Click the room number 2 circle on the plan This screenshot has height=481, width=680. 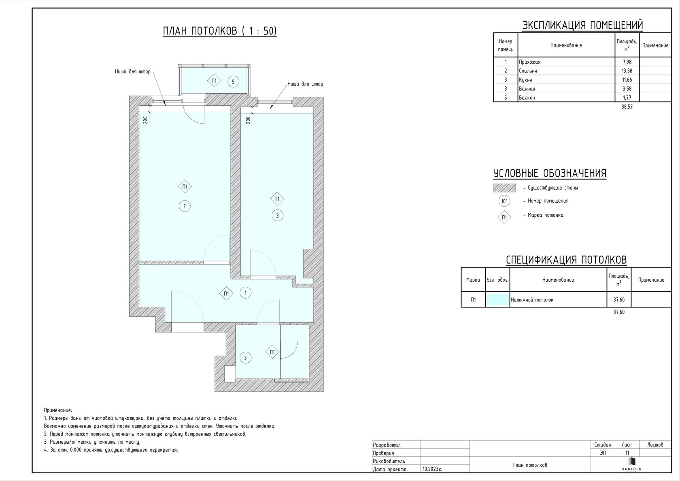[x=185, y=206]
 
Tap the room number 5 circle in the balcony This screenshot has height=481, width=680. [x=233, y=82]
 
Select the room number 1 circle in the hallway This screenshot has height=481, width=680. [x=245, y=293]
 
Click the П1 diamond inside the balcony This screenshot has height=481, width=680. [x=214, y=81]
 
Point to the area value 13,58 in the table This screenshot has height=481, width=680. [x=627, y=71]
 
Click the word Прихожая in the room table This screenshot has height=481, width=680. [x=530, y=62]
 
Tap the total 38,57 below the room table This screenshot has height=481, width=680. [x=627, y=107]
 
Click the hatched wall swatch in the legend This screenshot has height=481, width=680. [x=504, y=188]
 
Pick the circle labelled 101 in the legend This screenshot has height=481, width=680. [x=504, y=201]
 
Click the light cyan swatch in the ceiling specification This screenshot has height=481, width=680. [x=497, y=299]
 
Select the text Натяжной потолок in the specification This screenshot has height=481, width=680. [x=532, y=300]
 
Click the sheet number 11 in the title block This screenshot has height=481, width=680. [x=627, y=453]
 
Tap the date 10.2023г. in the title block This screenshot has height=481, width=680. [x=432, y=469]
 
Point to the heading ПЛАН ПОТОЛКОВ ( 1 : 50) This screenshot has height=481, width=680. [x=220, y=31]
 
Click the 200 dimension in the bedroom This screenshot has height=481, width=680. [x=145, y=120]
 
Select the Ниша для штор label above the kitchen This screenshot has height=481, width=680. [x=305, y=84]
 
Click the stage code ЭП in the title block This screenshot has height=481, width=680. [x=603, y=453]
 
